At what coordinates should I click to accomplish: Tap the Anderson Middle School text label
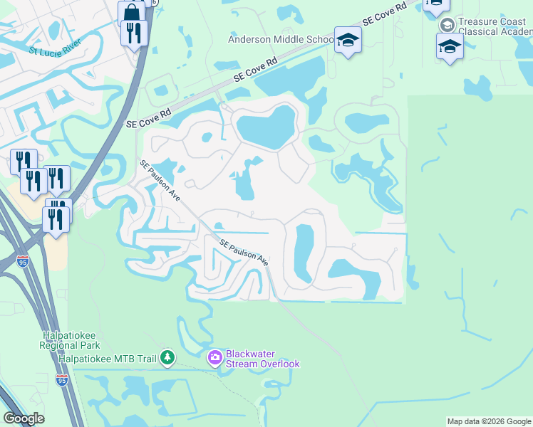coord(281,40)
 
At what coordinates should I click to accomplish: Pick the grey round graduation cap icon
coord(447,25)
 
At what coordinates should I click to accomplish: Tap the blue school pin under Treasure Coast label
coord(450,47)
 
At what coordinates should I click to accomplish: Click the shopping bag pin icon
coord(132,12)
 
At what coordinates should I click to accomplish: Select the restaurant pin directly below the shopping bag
coord(134,33)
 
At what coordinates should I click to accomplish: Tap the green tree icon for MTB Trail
coord(167,356)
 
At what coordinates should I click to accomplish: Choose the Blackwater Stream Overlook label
coord(262,359)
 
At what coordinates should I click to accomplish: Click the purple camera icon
coord(214,358)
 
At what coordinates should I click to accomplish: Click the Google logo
coord(24,418)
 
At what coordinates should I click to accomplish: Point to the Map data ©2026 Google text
coord(489,421)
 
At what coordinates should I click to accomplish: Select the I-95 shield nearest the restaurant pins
coord(24,261)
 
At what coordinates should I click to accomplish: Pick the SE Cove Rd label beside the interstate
coord(149,118)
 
